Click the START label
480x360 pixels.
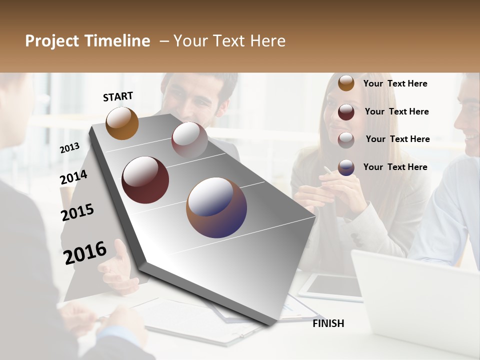tap(118, 96)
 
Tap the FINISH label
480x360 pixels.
tap(328, 323)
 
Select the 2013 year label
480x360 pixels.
tap(69, 148)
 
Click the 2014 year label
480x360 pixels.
tap(73, 177)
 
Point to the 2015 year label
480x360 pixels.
tap(77, 212)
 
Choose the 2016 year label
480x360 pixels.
tap(85, 252)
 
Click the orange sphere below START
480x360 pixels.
tap(122, 123)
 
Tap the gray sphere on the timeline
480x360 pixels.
tap(189, 139)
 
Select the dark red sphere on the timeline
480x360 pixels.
tap(145, 180)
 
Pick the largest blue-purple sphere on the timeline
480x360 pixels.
tap(216, 207)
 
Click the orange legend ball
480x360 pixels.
tap(346, 83)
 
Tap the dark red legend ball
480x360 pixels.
tap(346, 111)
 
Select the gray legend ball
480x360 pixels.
tap(346, 139)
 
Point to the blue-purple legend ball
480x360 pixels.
tap(346, 167)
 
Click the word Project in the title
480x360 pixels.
tap(52, 41)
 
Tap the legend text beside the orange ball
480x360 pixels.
tap(395, 83)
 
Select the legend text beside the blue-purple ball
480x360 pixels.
tap(395, 167)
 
